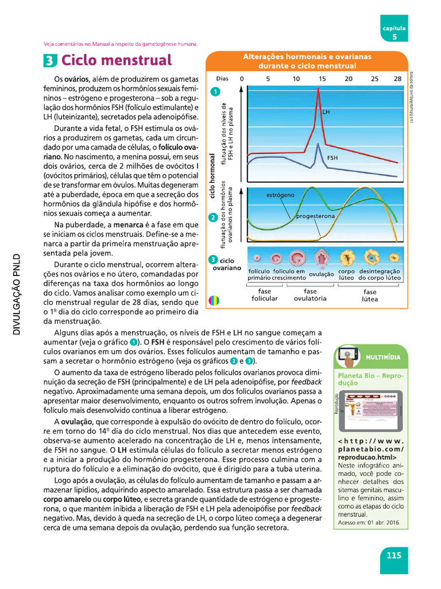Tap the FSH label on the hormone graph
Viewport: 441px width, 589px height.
click(332, 157)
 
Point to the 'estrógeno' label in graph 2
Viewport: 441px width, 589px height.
click(280, 196)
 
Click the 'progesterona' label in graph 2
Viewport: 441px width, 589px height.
click(315, 216)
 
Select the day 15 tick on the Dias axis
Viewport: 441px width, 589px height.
click(322, 78)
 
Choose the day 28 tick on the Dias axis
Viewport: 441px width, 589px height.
click(397, 78)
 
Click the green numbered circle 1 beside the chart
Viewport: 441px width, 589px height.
click(215, 91)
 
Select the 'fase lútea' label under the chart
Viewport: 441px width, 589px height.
click(370, 295)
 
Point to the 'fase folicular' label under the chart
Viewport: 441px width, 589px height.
click(264, 295)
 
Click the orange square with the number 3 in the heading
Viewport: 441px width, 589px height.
click(50, 60)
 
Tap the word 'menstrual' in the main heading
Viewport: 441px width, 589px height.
click(140, 60)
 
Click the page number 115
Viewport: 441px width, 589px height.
click(393, 556)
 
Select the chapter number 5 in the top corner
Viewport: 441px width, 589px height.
click(394, 36)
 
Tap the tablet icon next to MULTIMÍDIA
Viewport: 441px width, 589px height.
click(349, 357)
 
